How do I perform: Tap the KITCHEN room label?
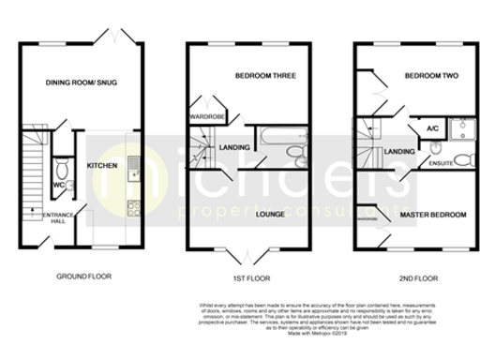coord(102,165)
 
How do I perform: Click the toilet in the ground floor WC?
coord(62,169)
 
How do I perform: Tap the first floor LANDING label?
coord(233,146)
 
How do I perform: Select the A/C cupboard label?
coord(432,127)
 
